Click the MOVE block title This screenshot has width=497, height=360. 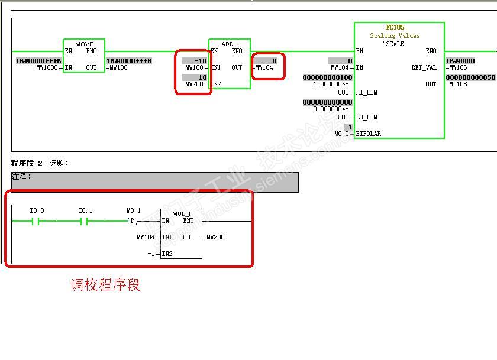(84, 44)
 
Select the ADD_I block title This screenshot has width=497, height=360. (230, 44)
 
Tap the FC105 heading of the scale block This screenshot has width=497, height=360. (395, 27)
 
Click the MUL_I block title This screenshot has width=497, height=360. (180, 213)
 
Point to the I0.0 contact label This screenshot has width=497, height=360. (37, 210)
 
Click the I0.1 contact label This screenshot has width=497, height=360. (85, 210)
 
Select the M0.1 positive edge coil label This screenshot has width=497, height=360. (134, 210)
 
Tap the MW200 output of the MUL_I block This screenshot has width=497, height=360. (215, 237)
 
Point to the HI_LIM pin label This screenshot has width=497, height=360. (367, 92)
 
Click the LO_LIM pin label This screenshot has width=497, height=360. (367, 117)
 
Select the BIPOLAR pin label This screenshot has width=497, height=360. (369, 134)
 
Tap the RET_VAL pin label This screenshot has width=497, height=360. (424, 67)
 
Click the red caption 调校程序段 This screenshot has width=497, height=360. (105, 285)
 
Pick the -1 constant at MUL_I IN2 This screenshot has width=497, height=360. (151, 254)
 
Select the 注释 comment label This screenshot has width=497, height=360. (21, 176)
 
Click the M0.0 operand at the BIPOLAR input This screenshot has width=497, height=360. (341, 134)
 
